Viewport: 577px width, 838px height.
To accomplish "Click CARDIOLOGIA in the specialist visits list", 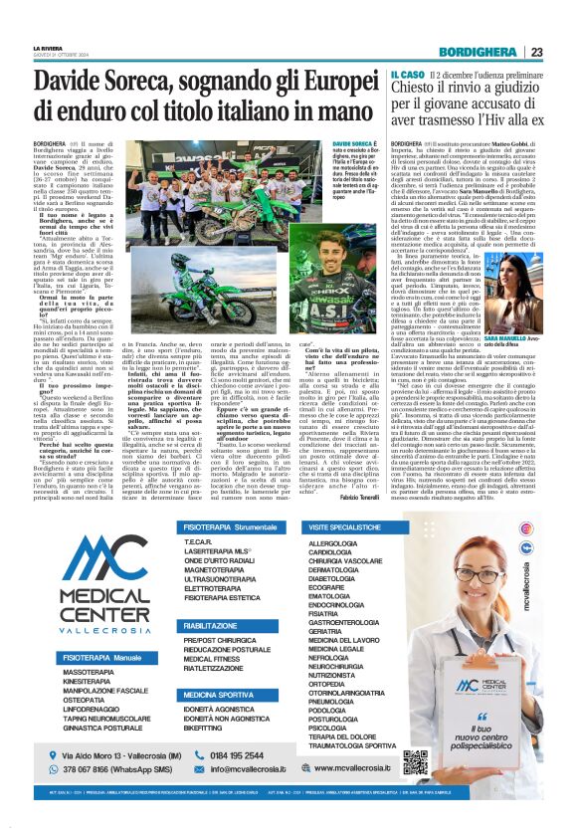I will click(333, 551).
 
